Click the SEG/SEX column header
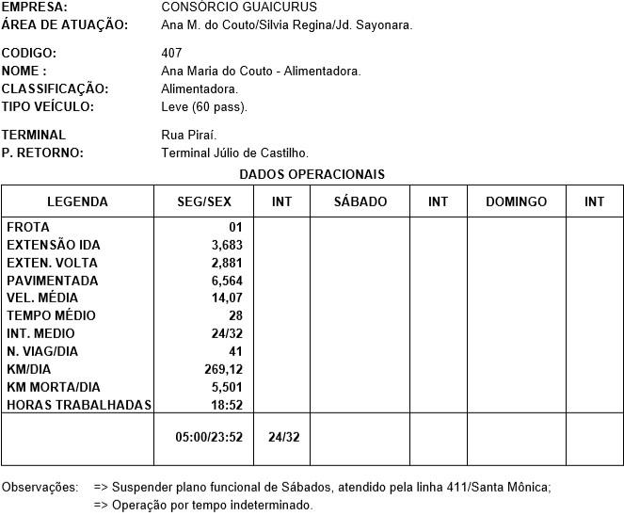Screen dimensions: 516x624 click(203, 202)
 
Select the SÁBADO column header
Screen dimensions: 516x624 click(360, 202)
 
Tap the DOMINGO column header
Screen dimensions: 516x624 click(516, 202)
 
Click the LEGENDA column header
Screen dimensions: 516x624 click(77, 202)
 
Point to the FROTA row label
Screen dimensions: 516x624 click(27, 227)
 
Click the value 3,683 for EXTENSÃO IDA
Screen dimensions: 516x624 click(227, 245)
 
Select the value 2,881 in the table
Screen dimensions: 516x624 click(227, 263)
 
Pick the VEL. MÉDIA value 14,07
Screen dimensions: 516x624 click(227, 298)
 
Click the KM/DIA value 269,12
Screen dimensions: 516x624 click(223, 369)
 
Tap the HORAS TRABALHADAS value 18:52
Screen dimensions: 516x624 click(227, 405)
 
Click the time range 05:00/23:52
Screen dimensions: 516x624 click(209, 437)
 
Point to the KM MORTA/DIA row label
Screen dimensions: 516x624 click(54, 387)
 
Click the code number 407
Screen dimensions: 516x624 click(172, 53)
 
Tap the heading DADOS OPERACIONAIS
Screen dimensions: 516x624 click(312, 174)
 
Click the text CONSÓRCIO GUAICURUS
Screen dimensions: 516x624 click(239, 7)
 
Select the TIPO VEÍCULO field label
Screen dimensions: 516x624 click(48, 106)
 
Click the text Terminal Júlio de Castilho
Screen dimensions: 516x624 click(234, 153)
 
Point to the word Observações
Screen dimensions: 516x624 click(40, 487)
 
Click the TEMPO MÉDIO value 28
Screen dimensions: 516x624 click(235, 315)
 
